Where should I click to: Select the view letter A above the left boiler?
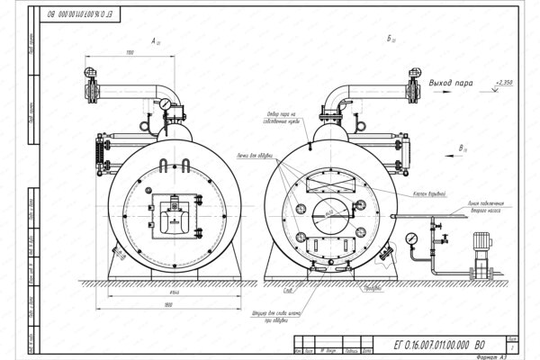pyautogui.click(x=154, y=40)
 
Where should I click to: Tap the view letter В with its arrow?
pyautogui.click(x=461, y=146)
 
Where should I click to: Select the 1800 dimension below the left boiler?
pyautogui.click(x=168, y=306)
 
